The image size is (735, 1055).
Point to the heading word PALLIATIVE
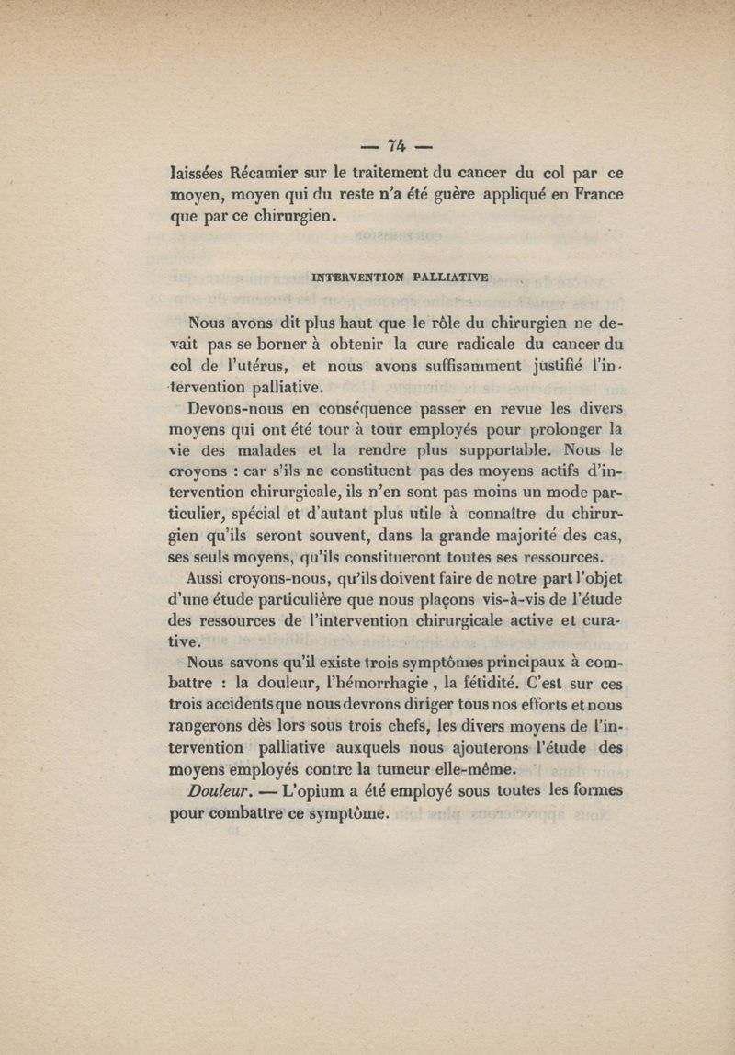pos(451,275)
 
